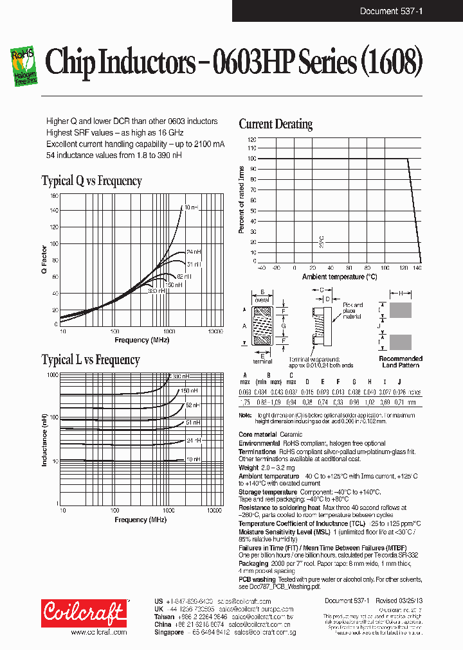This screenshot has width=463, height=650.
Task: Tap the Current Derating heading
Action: [275, 124]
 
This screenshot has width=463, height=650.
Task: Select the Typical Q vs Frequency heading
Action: [91, 180]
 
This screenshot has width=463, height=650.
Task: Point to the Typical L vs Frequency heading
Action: [90, 360]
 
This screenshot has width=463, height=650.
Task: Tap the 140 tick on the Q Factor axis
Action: [54, 210]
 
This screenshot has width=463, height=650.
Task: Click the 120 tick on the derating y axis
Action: [251, 139]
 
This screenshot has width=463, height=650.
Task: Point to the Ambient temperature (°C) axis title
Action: [340, 277]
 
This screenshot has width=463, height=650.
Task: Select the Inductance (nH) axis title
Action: [45, 439]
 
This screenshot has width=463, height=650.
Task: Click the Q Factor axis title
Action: [44, 261]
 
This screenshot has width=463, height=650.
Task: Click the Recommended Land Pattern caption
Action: [400, 362]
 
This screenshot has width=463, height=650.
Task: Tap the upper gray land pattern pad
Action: [401, 311]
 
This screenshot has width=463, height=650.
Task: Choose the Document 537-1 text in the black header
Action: [391, 11]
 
